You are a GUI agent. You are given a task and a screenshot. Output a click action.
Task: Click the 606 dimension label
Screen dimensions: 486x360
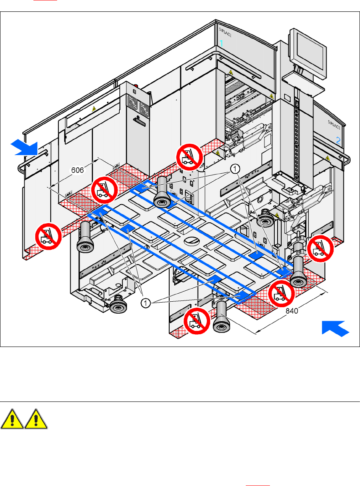[x=77, y=170]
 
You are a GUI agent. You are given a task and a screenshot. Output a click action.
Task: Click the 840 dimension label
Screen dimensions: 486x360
[x=291, y=311]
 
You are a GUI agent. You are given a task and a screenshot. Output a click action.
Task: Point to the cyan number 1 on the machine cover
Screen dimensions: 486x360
[x=221, y=43]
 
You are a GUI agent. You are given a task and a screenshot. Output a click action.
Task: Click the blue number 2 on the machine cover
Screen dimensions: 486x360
[x=338, y=141]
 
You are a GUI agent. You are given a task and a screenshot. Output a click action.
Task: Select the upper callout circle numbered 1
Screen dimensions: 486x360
[x=235, y=169]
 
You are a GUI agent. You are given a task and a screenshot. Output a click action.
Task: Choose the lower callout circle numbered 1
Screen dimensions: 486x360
[x=145, y=303]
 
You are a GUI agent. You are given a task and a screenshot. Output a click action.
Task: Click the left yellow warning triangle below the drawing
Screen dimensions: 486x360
[x=12, y=419]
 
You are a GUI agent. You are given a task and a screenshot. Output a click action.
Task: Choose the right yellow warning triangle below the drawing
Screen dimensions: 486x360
[x=36, y=419]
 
